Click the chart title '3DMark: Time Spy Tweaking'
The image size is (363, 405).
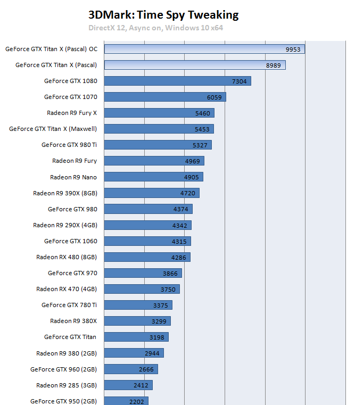pyautogui.click(x=163, y=15)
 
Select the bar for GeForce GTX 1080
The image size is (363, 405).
pyautogui.click(x=177, y=81)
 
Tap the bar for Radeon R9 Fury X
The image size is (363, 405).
pyautogui.click(x=159, y=113)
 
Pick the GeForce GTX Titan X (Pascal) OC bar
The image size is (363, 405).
pyautogui.click(x=204, y=49)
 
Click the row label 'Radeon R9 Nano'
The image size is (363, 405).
pyautogui.click(x=73, y=177)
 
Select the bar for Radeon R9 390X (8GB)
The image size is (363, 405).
pyautogui.click(x=152, y=193)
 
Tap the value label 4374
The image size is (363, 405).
pyautogui.click(x=181, y=209)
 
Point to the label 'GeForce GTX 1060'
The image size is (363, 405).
pyautogui.click(x=70, y=241)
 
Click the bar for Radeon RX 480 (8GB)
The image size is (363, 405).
pyautogui.click(x=147, y=257)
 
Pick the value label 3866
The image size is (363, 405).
pyautogui.click(x=170, y=273)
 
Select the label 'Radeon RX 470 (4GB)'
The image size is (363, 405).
pyautogui.click(x=67, y=289)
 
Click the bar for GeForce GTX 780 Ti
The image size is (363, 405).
pyautogui.click(x=138, y=305)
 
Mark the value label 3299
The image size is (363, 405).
pyautogui.click(x=160, y=321)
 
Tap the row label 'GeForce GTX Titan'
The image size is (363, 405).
pyautogui.click(x=70, y=337)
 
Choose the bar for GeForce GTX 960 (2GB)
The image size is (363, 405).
pyautogui.click(x=131, y=369)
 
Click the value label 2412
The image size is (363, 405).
pyautogui.click(x=142, y=385)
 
